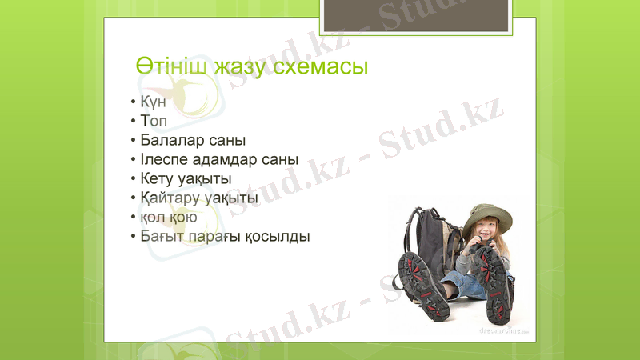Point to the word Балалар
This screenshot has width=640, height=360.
tap(170, 141)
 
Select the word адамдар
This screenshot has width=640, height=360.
tap(228, 159)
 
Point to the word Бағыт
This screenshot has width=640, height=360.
tap(162, 236)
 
